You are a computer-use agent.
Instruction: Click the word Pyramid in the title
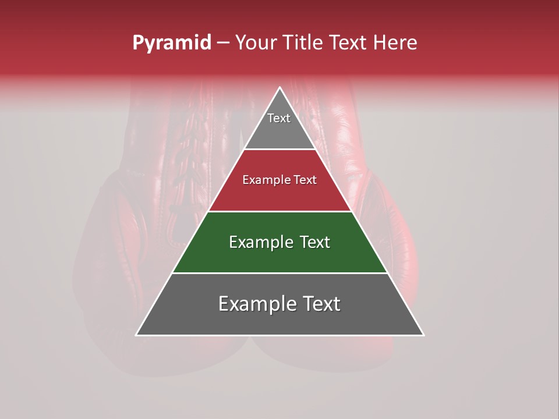tap(171, 43)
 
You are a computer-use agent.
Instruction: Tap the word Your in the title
tap(256, 43)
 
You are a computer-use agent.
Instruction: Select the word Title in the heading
tap(305, 43)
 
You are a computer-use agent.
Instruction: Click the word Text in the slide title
tap(349, 43)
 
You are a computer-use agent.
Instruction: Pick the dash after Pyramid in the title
tap(222, 43)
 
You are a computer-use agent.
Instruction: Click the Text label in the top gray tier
tap(279, 118)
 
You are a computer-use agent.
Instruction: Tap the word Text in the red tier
tap(305, 180)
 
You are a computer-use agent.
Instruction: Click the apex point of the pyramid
tap(280, 88)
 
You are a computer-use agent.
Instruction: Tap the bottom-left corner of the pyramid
tap(137, 335)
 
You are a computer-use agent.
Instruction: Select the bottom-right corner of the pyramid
tap(423, 335)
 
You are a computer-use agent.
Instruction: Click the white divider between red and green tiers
tap(280, 211)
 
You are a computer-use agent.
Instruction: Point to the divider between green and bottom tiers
tap(280, 273)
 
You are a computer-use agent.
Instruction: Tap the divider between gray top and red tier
tap(280, 150)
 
